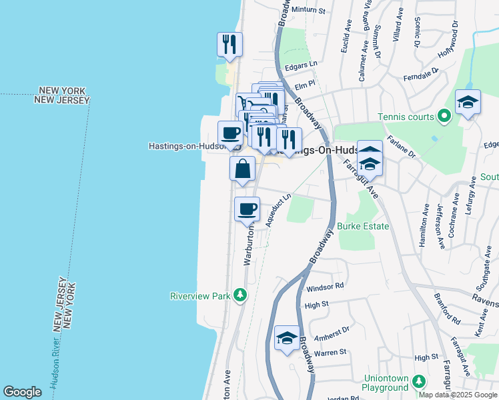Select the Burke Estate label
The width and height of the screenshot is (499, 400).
pyautogui.click(x=363, y=227)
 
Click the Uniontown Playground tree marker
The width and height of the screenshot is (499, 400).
pyautogui.click(x=419, y=381)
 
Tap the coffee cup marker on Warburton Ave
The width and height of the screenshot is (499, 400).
pyautogui.click(x=247, y=209)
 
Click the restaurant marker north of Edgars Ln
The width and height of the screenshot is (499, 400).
pyautogui.click(x=229, y=44)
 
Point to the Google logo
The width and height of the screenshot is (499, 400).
pyautogui.click(x=22, y=392)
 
